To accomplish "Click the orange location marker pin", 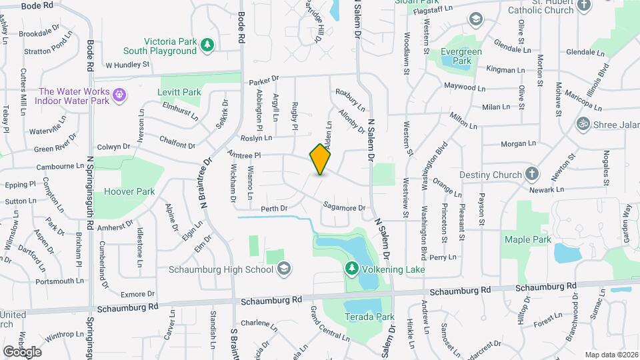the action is pos(321,159).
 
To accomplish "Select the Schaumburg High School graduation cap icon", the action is pos(284,269).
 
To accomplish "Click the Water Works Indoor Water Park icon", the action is pos(119,95).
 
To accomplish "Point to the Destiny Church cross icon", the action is pos(532,175).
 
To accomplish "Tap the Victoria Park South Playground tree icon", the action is pos(208,45).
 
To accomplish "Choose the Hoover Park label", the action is pos(129,192).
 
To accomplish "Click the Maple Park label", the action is pos(527,239).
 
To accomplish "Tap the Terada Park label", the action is pos(361,317).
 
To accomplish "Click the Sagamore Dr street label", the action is pos(345,207).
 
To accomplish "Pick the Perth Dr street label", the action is pos(274,208).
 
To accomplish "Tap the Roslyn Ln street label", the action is pos(257,138).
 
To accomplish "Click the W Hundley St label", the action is pos(127,65).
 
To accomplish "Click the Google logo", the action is pos(22,351).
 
